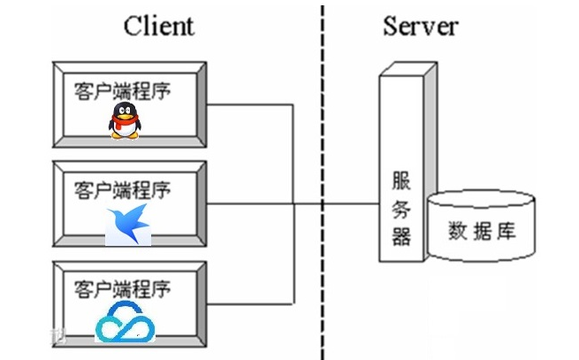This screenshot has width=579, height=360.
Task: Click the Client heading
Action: point(159,26)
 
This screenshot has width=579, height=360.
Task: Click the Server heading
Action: point(420,26)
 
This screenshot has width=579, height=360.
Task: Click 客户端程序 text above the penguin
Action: point(122,90)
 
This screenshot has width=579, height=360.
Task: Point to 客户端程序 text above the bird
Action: point(122,189)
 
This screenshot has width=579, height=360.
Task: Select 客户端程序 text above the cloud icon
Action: point(122,289)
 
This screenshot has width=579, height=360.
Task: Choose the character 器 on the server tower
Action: point(401,236)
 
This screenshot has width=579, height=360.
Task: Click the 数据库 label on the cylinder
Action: point(482,233)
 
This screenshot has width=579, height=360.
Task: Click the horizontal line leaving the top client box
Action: point(252,105)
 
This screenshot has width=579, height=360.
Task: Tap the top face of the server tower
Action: point(408,69)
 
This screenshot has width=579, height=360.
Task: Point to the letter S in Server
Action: point(391,26)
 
